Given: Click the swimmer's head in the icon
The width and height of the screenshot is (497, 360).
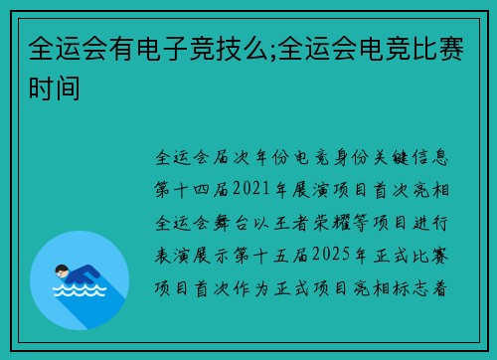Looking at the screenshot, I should coord(61,269).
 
